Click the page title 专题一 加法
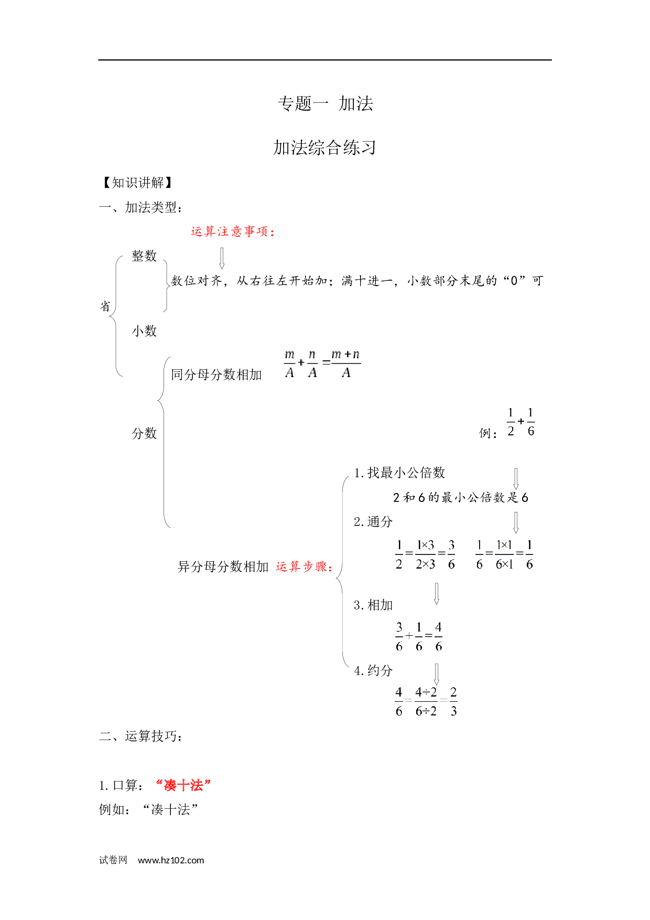(x=325, y=103)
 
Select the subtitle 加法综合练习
(x=324, y=147)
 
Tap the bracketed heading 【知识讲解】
(x=137, y=183)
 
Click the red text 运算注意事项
(x=233, y=231)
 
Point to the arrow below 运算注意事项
(x=222, y=258)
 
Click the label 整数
(x=144, y=256)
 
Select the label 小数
(x=144, y=331)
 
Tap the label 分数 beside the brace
(x=144, y=433)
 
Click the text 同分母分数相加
(x=216, y=375)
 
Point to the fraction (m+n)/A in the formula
(x=346, y=363)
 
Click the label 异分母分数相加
(x=223, y=566)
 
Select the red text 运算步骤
(x=304, y=566)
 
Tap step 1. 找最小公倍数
(x=399, y=473)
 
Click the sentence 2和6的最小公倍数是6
(x=461, y=497)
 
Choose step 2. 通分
(x=373, y=521)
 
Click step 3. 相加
(x=373, y=605)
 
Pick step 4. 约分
(x=373, y=670)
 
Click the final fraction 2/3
(x=453, y=701)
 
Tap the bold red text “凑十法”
(x=183, y=785)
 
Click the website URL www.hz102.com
(x=171, y=860)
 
